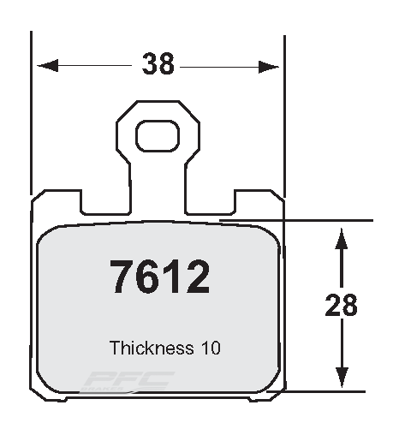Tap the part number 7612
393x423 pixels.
point(159,277)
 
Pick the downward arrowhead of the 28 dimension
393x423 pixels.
point(342,378)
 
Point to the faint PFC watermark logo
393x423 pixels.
point(128,379)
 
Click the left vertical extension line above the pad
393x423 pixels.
point(32,111)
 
